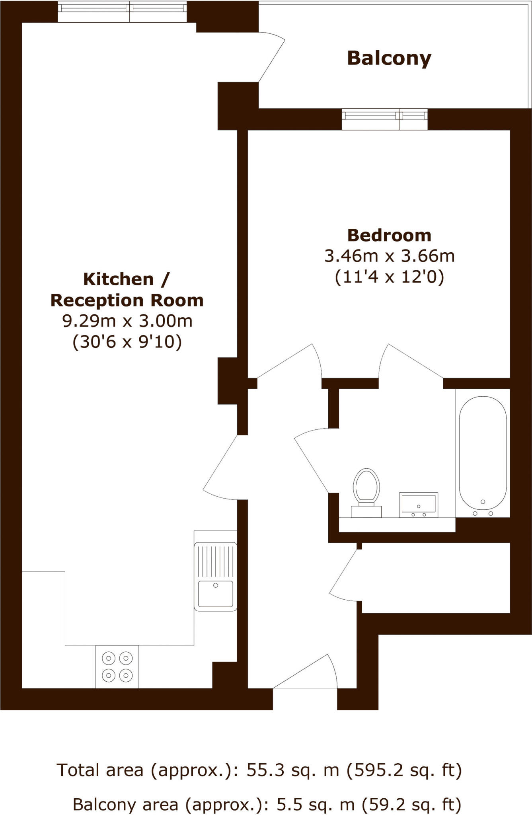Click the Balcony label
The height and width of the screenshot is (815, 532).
tap(389, 58)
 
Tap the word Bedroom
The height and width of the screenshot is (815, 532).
tap(389, 235)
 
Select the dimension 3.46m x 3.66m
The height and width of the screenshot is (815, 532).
tap(389, 256)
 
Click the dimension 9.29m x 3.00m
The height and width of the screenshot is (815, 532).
tap(127, 321)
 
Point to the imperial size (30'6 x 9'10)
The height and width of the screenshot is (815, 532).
tap(127, 341)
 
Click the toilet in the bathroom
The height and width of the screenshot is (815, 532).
tap(366, 492)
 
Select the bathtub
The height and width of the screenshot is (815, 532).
tap(483, 452)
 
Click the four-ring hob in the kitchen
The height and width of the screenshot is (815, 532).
tap(117, 666)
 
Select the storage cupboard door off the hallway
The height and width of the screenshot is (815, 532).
tap(344, 573)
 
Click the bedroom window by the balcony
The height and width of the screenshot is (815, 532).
tap(384, 119)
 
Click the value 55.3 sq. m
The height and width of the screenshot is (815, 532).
tap(293, 770)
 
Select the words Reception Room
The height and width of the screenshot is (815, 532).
tap(127, 300)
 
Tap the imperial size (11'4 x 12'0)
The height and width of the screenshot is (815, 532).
tap(389, 277)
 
